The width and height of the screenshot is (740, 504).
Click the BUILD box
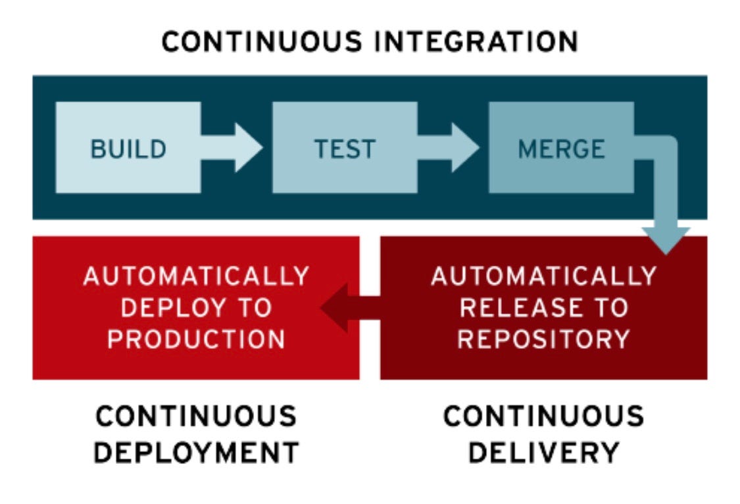(128, 148)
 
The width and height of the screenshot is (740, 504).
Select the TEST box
(344, 148)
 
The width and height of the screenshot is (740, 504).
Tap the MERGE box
(560, 148)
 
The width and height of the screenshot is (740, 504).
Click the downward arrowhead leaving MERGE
(666, 238)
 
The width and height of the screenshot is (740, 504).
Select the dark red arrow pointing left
(345, 307)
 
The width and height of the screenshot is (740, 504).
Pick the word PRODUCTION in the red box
(196, 339)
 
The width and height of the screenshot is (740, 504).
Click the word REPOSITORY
(544, 339)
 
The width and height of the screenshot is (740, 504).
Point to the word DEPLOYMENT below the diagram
(197, 452)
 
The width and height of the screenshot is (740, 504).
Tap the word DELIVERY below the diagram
(544, 452)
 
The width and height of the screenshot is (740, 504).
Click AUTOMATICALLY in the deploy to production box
(196, 276)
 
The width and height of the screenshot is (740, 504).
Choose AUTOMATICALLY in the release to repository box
(544, 276)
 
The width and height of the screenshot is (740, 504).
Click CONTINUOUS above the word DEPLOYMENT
(196, 416)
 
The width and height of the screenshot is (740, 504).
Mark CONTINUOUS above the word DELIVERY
(544, 416)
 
